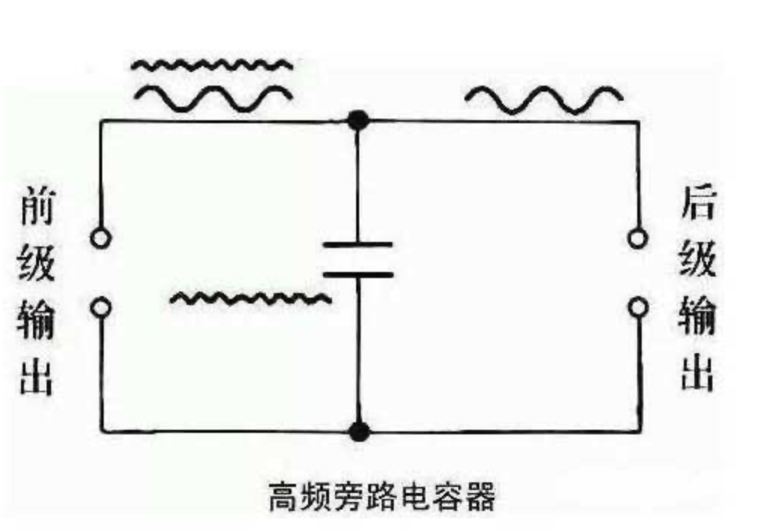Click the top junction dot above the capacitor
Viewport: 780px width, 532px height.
[359, 119]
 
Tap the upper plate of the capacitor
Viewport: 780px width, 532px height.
[358, 245]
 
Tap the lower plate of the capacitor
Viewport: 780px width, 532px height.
[358, 274]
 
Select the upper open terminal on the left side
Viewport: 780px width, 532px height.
[100, 239]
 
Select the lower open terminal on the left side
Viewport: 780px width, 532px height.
[100, 307]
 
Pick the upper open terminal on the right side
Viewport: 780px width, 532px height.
[638, 239]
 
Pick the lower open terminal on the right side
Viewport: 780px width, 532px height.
[638, 307]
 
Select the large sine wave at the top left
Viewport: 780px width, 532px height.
[212, 95]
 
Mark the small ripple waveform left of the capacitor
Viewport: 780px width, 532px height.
[250, 299]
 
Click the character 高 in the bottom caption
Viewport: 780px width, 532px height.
[283, 497]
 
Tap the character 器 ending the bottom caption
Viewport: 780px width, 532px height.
[481, 497]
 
